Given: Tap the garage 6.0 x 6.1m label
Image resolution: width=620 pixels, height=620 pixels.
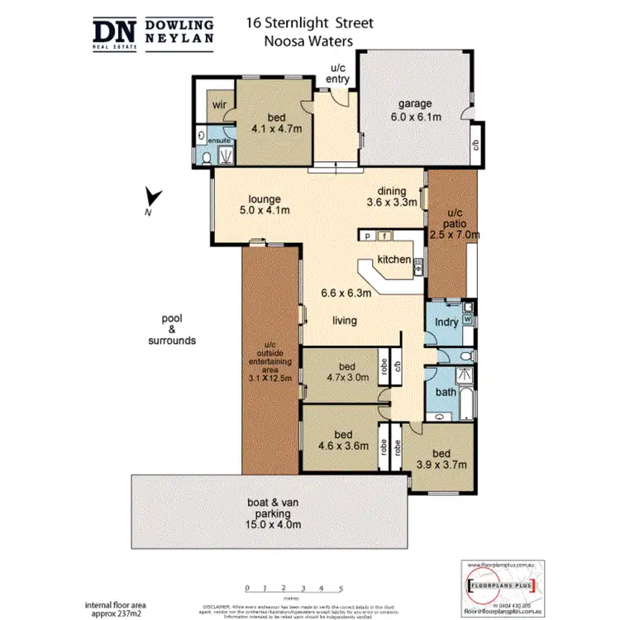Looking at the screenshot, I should (x=416, y=110).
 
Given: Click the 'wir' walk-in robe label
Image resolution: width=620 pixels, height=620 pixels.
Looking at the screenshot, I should (x=219, y=105).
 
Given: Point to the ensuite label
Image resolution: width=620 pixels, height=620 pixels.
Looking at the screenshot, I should (x=219, y=141).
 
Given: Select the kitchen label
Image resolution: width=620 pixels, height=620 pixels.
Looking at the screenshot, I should (x=393, y=260).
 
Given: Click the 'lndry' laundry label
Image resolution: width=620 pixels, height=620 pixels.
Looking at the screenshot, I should (x=446, y=322).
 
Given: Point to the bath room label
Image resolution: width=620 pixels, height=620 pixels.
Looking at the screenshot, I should (x=446, y=393).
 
